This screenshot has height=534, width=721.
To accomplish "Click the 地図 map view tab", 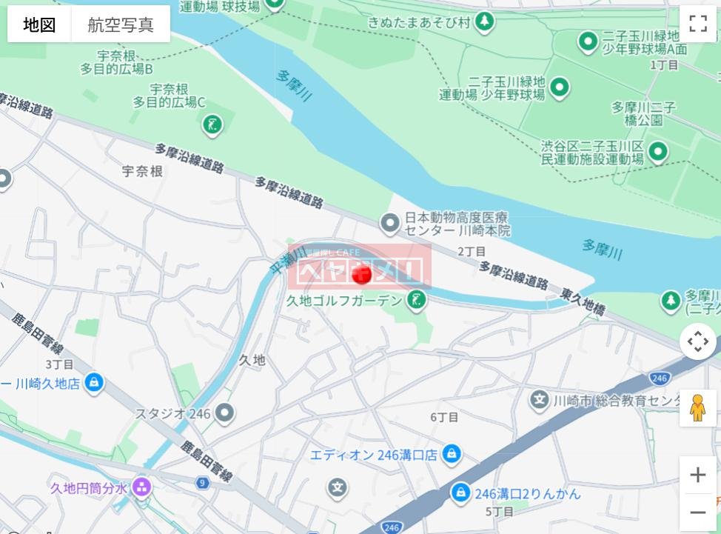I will [39, 24].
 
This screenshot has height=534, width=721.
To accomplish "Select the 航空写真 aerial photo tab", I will [121, 24].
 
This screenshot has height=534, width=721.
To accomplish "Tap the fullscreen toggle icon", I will [698, 24].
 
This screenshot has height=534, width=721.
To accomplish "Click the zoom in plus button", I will [697, 475].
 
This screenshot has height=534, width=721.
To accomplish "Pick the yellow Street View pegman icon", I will [697, 408].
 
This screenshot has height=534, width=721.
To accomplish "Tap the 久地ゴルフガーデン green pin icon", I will [417, 301].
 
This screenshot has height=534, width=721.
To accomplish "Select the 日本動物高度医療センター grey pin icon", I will [389, 221].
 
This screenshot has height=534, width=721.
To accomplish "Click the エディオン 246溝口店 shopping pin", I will [451, 454].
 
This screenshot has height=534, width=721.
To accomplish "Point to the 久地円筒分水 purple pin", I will [142, 487].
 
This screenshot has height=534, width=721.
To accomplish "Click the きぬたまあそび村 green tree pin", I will [485, 22].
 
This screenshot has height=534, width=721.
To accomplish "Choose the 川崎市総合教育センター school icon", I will [540, 401].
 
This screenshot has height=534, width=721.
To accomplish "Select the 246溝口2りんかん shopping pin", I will [460, 493].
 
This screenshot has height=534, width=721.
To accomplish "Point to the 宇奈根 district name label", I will [142, 171].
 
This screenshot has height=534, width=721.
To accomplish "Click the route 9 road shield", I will [201, 483].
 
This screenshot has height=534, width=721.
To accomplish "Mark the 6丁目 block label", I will [444, 417].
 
